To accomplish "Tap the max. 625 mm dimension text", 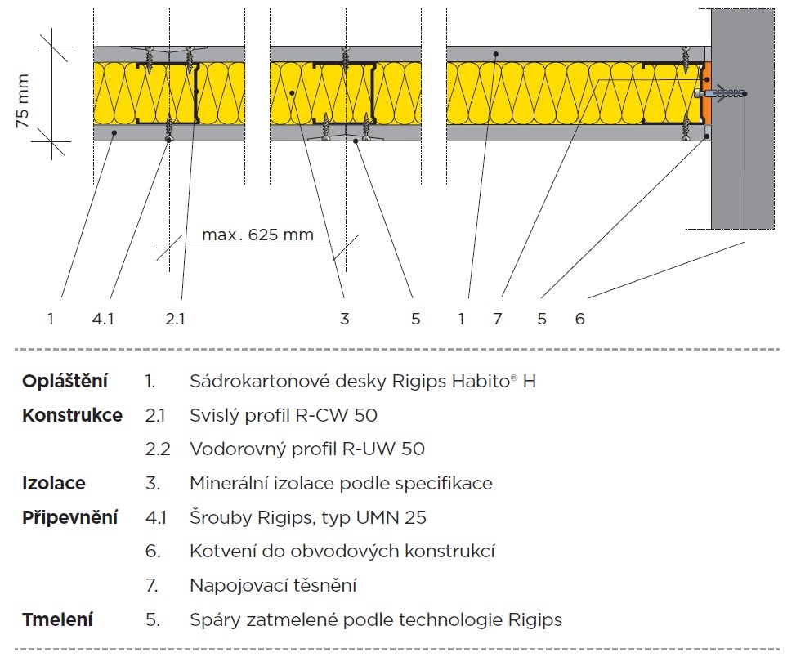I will click(x=257, y=235).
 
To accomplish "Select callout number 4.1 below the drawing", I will click(x=103, y=319).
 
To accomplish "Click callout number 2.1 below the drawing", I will click(x=175, y=319).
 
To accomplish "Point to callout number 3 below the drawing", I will click(x=344, y=319).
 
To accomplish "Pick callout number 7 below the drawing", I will click(x=498, y=319).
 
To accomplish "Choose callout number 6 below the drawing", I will click(x=579, y=319).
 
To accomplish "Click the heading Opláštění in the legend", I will click(x=65, y=382).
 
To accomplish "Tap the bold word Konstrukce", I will click(x=72, y=415).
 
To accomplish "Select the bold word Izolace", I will click(x=53, y=483).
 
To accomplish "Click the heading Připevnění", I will click(x=69, y=517).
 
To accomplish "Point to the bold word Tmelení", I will click(x=56, y=619).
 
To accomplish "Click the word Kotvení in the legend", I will click(x=220, y=552).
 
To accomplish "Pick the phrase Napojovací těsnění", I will click(x=273, y=586).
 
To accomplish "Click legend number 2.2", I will click(x=155, y=449).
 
